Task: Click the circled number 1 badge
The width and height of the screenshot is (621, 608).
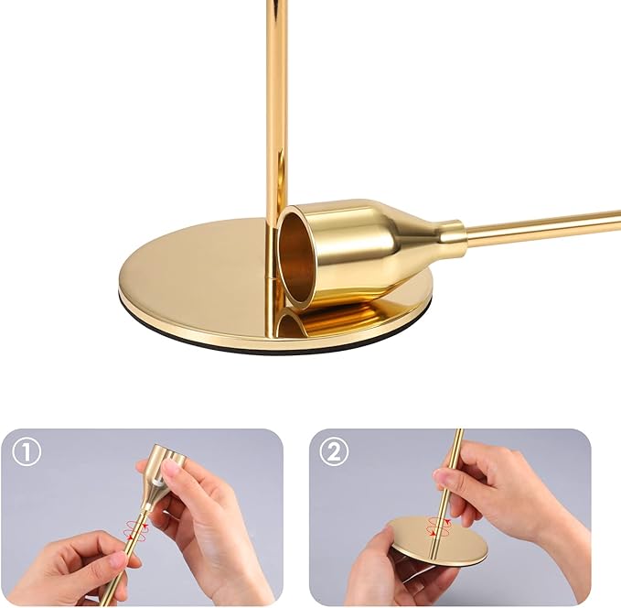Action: coord(28,452)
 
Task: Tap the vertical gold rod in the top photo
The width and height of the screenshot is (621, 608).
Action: coord(276,110)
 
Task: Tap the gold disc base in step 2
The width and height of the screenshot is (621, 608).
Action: coord(437,540)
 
